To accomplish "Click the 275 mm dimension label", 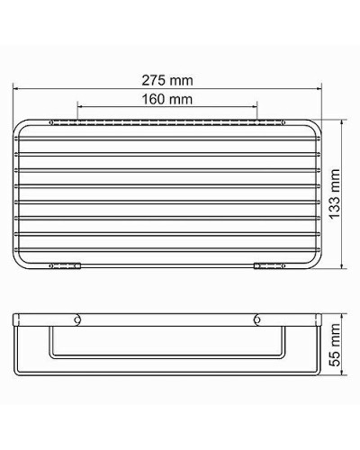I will [167, 80].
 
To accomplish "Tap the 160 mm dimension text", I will [167, 98].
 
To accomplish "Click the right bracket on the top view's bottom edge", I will [269, 265].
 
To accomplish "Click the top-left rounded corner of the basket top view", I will [21, 125].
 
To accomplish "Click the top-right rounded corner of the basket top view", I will [315, 125].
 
